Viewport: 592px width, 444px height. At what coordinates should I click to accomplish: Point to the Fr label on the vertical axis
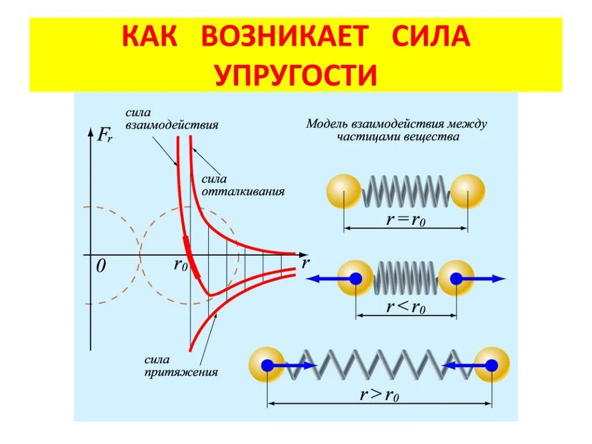(105, 135)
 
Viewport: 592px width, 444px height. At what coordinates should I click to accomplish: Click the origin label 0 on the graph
(101, 267)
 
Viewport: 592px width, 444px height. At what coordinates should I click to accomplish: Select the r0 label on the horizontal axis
(180, 265)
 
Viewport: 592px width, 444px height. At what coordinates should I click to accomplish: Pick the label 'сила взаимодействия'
(172, 120)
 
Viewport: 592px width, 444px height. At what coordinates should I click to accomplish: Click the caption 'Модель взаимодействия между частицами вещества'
(397, 130)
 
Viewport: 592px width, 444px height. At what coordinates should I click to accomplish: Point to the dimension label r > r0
(380, 395)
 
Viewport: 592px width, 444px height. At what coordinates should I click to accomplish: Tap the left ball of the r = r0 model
(344, 191)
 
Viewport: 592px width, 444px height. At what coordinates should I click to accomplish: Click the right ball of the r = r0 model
(467, 191)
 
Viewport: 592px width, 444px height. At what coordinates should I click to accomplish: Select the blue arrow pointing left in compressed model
(330, 279)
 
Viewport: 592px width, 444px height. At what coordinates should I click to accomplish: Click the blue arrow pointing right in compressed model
(481, 279)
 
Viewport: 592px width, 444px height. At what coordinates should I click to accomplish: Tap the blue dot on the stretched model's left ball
(267, 365)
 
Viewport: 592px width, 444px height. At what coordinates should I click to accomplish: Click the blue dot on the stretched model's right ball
(491, 365)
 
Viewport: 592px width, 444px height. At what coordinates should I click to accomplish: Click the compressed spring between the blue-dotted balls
(406, 279)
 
